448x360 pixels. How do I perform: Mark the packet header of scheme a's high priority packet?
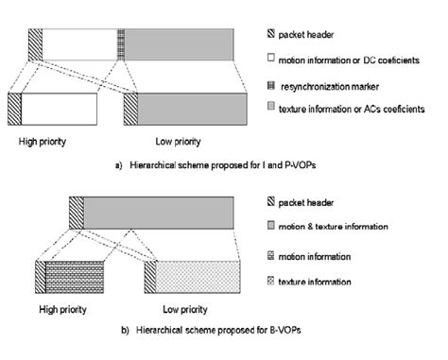pyautogui.click(x=14, y=107)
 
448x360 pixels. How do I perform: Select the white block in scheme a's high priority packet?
pyautogui.click(x=59, y=107)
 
